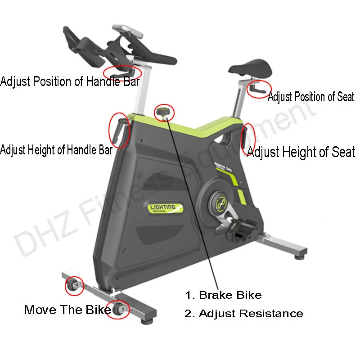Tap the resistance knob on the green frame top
pyautogui.click(x=162, y=112)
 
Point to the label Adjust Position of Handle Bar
pyautogui.click(x=70, y=82)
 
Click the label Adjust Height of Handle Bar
pyautogui.click(x=56, y=150)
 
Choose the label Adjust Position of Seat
pyautogui.click(x=311, y=97)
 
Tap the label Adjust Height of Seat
pyautogui.click(x=301, y=152)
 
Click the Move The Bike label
pyautogui.click(x=67, y=310)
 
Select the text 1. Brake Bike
pyautogui.click(x=223, y=295)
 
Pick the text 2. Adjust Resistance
pyautogui.click(x=243, y=313)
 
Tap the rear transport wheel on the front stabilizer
pyautogui.click(x=73, y=285)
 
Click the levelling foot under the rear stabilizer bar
pyautogui.click(x=299, y=258)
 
